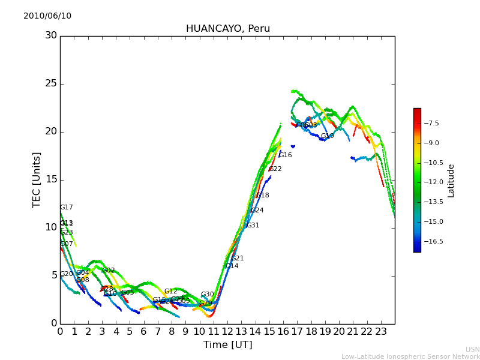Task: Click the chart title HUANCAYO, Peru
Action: [x=227, y=29]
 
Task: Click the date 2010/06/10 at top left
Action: [x=47, y=16]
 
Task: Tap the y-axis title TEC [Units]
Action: [x=37, y=179]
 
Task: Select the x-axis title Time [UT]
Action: [x=227, y=345]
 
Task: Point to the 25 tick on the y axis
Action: [x=51, y=83]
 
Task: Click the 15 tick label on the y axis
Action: [x=51, y=179]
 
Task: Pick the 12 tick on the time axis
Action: [x=227, y=331]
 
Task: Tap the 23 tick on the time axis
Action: [x=381, y=331]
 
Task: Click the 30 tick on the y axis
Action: [x=51, y=35]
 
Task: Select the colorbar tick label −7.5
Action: [x=431, y=123]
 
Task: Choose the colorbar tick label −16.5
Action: [x=433, y=241]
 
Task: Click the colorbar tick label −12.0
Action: [x=433, y=182]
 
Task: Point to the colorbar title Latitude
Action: [x=451, y=180]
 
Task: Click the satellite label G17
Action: [x=66, y=208]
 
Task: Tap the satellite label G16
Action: [x=285, y=155]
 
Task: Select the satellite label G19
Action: [x=327, y=136]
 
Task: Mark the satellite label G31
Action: [x=253, y=226]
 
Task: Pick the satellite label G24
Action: [x=257, y=211]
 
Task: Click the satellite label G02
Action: [x=108, y=271]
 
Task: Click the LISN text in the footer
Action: [x=472, y=349]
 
